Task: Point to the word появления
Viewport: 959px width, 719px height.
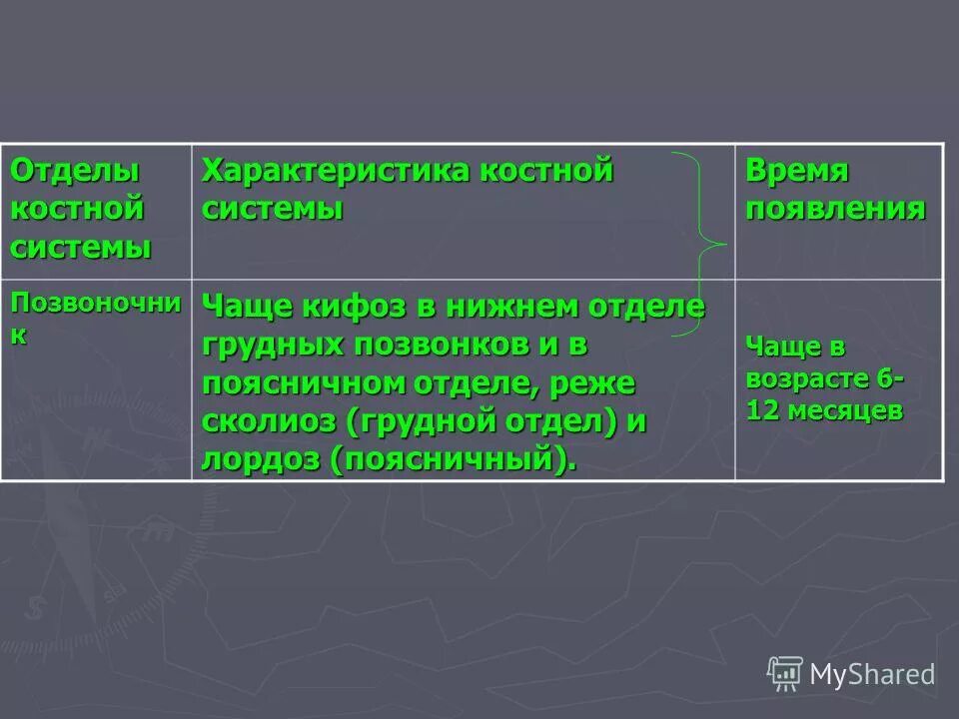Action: (835, 210)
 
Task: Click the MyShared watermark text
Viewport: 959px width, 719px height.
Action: (871, 674)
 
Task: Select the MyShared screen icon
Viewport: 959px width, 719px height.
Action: (785, 673)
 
